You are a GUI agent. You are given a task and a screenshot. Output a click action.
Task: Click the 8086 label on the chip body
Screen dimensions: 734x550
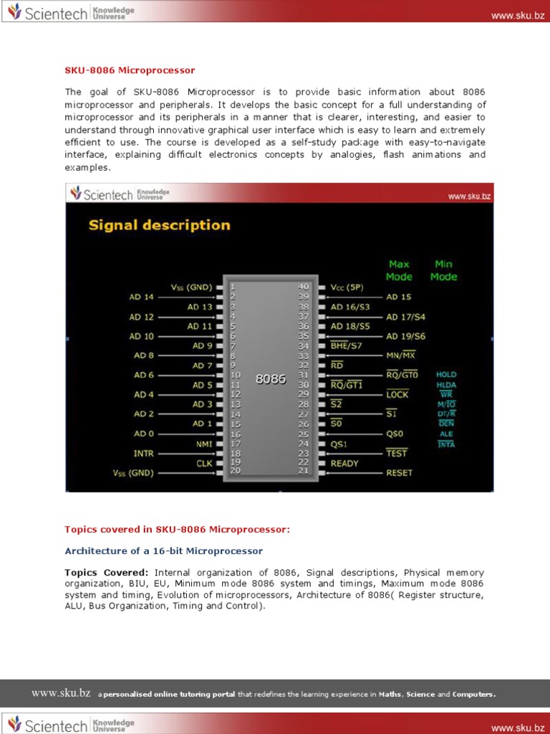coord(271,379)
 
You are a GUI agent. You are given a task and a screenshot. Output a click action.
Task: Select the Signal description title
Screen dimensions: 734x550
coord(159,225)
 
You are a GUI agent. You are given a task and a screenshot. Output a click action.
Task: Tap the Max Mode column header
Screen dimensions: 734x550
coord(399,270)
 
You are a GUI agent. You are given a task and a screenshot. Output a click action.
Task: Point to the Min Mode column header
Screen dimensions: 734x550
coord(443,270)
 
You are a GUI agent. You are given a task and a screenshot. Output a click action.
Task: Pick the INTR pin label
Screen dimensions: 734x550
coord(143,454)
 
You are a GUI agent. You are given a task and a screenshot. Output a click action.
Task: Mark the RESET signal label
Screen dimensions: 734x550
coord(399,473)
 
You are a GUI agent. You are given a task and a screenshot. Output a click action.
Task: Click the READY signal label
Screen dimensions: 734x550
coord(344,463)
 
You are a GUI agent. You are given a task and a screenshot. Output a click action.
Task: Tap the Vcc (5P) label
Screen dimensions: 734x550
coord(347,287)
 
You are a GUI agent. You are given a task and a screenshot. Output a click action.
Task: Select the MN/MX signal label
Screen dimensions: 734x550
coord(400,356)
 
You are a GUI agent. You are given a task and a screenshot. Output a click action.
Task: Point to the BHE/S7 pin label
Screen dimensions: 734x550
coord(347,345)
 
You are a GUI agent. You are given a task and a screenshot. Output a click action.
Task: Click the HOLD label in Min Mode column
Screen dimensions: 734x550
coord(445,374)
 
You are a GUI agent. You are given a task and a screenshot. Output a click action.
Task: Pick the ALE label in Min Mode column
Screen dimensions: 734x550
coord(445,434)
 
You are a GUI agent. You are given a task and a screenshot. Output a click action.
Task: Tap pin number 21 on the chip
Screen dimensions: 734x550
coord(304,471)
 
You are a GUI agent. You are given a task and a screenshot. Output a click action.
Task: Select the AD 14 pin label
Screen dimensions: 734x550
coord(141,297)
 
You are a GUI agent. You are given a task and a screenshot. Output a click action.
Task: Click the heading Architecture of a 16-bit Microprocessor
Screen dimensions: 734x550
coord(163,551)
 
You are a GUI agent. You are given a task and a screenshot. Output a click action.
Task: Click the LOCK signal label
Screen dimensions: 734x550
coord(397,394)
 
